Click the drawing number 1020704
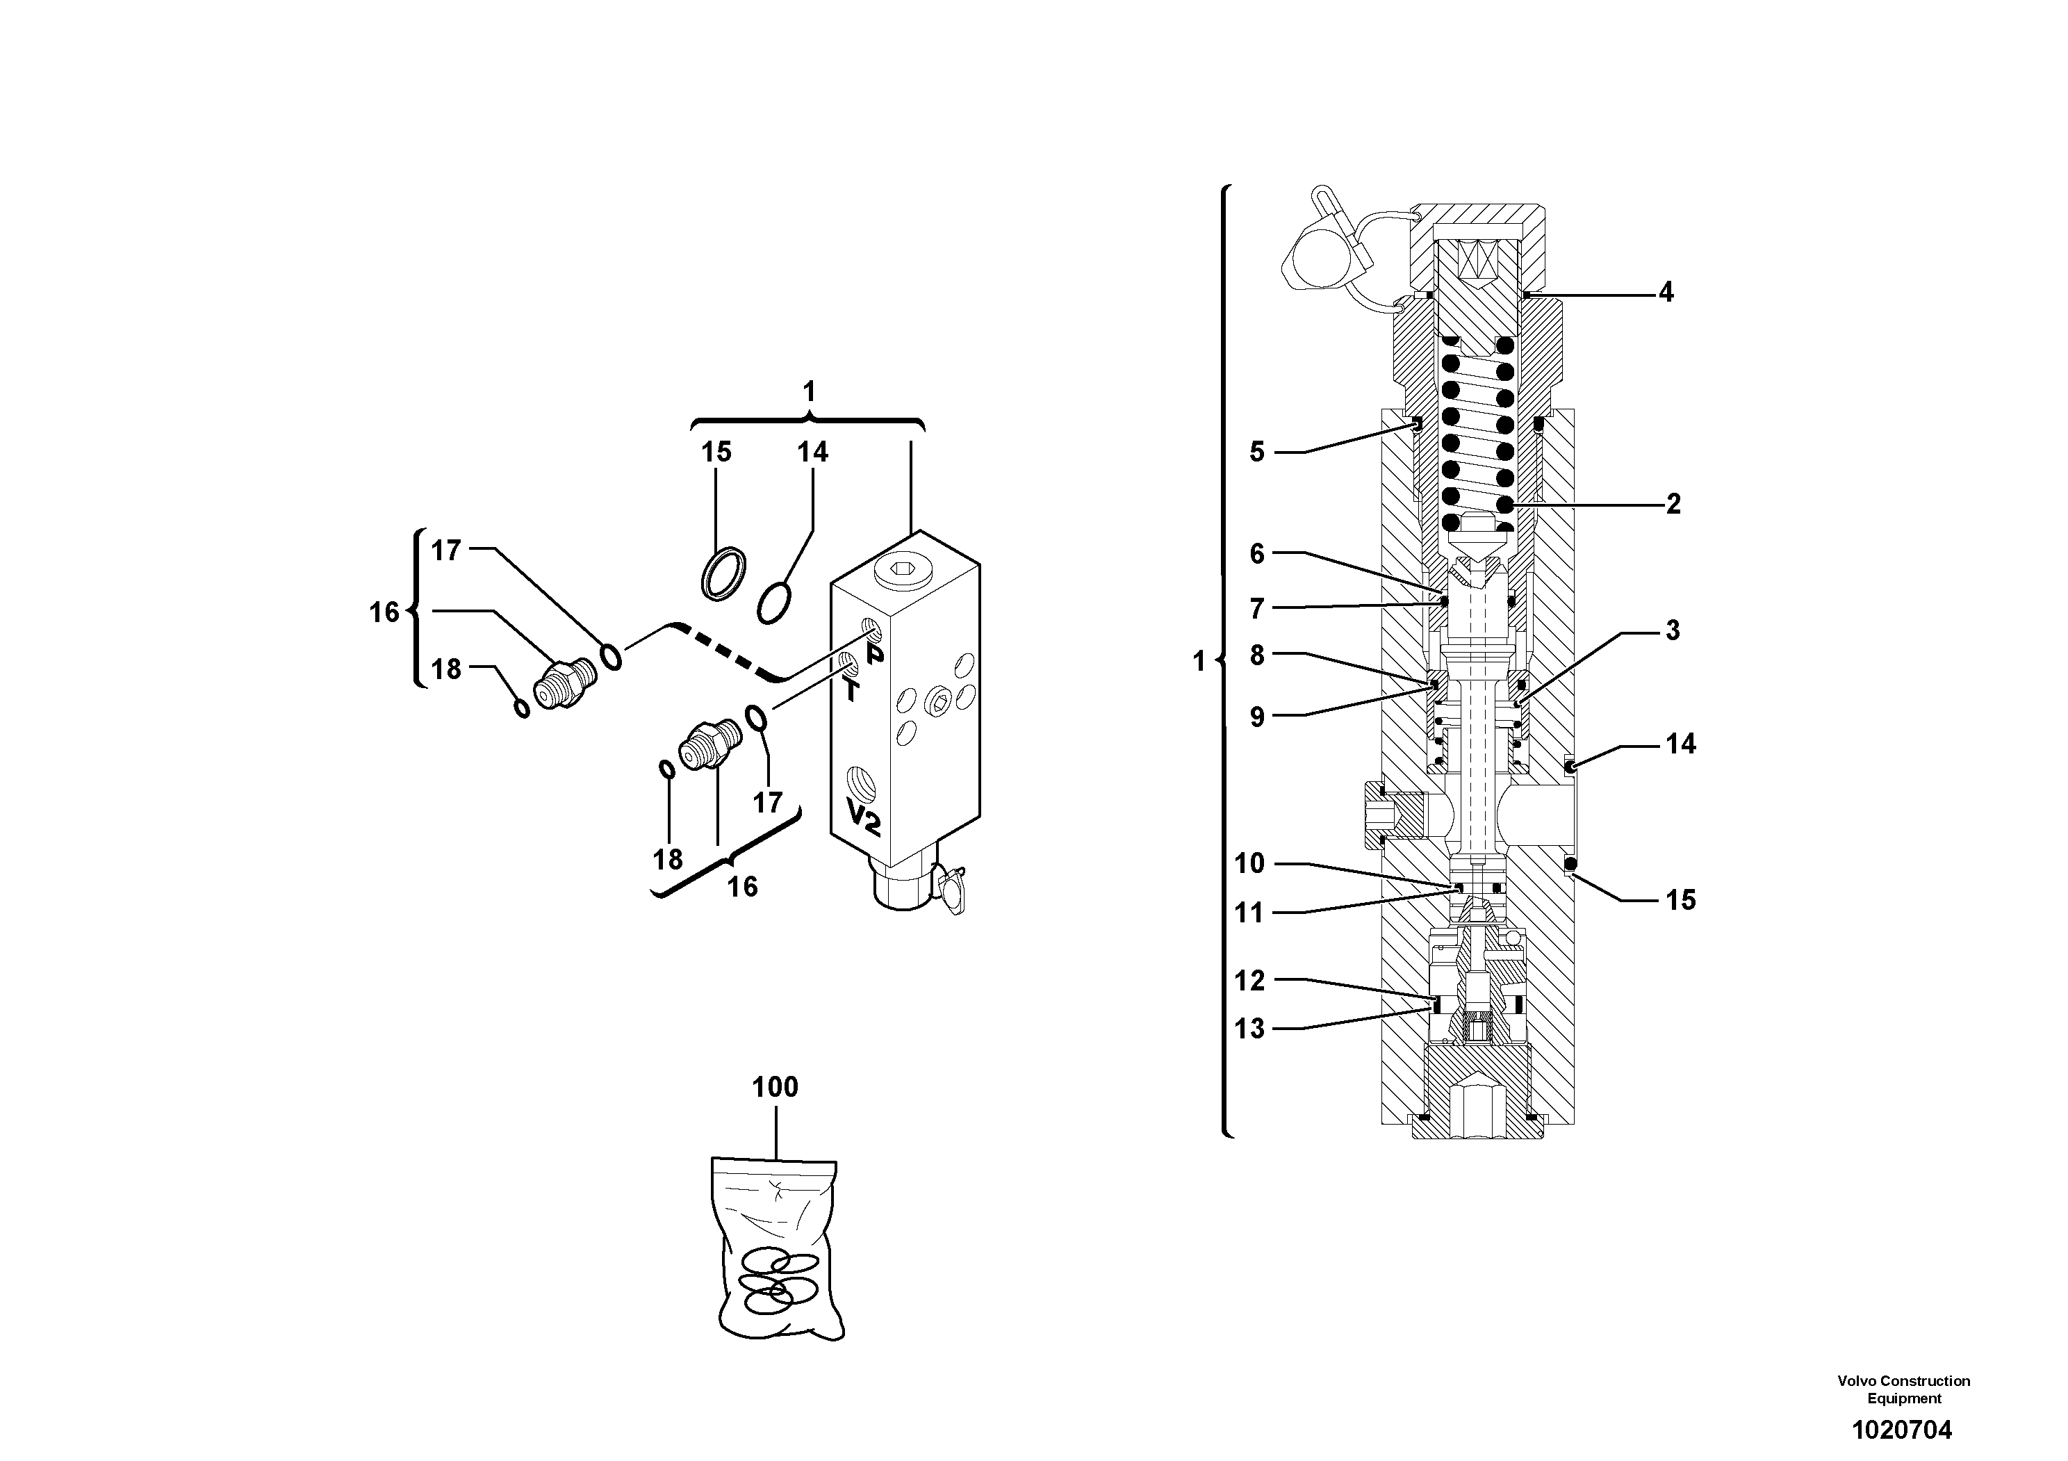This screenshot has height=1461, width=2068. point(1901,1430)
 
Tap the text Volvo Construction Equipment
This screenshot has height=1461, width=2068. point(1903,1389)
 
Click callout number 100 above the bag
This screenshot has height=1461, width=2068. point(775,1087)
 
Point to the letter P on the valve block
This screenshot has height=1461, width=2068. point(875,655)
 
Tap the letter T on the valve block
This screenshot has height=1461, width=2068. point(851,691)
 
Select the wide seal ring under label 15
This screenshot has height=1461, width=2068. point(724,575)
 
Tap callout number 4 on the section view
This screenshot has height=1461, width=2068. point(1666,292)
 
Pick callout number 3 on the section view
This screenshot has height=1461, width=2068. point(1672,630)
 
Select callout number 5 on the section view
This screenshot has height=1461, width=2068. point(1256,451)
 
